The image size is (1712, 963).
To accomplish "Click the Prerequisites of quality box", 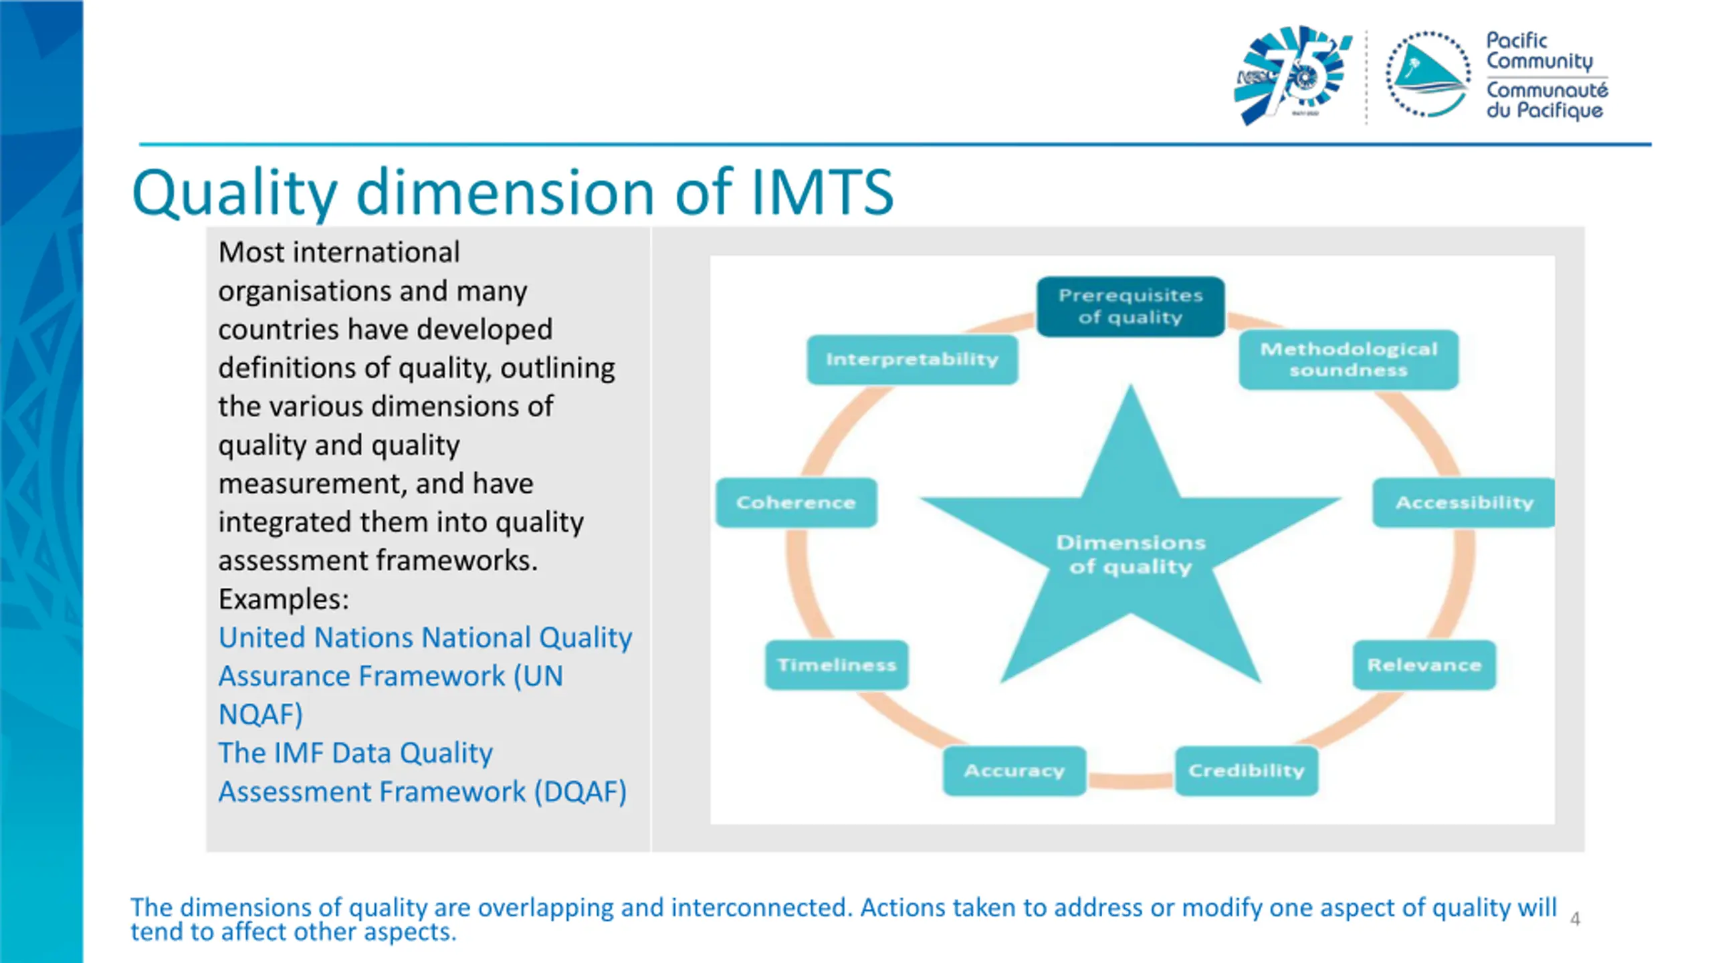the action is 1130,306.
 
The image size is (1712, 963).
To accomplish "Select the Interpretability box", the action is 912,360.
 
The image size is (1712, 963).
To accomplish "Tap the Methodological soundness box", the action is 1348,360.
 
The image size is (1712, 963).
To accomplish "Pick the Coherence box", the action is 796,503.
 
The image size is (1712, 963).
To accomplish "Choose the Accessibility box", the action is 1464,503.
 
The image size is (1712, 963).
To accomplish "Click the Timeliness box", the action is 837,665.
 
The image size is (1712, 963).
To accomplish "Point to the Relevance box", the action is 1424,665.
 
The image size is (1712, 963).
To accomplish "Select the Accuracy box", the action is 1014,770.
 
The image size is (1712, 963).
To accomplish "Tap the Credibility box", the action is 1247,770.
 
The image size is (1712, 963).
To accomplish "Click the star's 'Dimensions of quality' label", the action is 1131,554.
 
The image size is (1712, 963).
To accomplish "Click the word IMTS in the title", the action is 822,193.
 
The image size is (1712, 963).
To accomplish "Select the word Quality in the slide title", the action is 235,194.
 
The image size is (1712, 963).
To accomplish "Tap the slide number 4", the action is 1575,919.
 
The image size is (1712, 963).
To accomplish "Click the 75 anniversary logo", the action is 1291,75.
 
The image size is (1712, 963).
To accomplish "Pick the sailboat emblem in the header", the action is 1428,75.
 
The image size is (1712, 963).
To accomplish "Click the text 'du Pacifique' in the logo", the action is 1545,110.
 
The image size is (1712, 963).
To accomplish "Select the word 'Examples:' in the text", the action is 284,599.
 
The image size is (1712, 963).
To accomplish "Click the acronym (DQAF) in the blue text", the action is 580,792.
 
